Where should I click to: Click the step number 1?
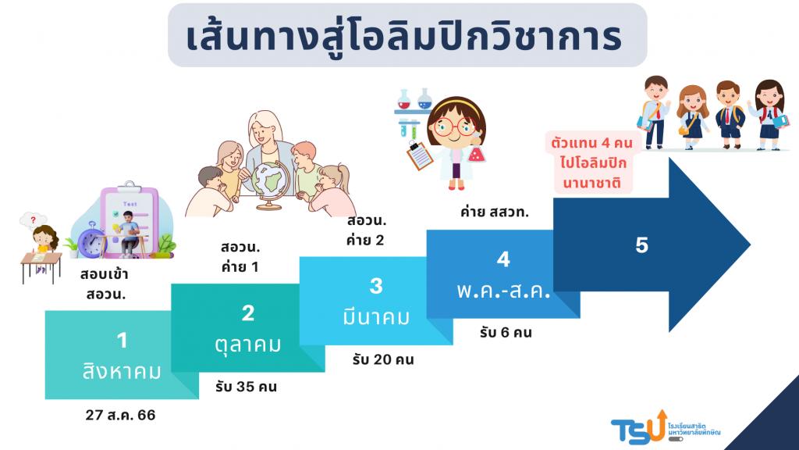coord(122,341)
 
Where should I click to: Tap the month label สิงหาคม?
coord(122,371)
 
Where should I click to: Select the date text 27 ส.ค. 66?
coord(120,416)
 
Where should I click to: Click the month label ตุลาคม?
coord(248,345)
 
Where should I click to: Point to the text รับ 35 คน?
coord(246,387)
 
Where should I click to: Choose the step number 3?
coord(376,286)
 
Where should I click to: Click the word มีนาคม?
coord(376,317)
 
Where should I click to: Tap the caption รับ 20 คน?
coord(383,359)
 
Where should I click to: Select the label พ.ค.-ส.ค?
coord(503,291)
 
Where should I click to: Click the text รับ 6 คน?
coord(506,333)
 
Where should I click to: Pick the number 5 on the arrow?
coord(642,245)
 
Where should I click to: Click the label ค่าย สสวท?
coord(494,212)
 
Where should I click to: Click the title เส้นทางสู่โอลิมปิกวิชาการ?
coord(405,37)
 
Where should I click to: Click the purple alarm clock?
coord(92,240)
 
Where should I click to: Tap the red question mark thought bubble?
coord(33,220)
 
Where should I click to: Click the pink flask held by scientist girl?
coord(477,152)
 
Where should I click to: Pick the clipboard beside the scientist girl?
coord(420,155)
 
